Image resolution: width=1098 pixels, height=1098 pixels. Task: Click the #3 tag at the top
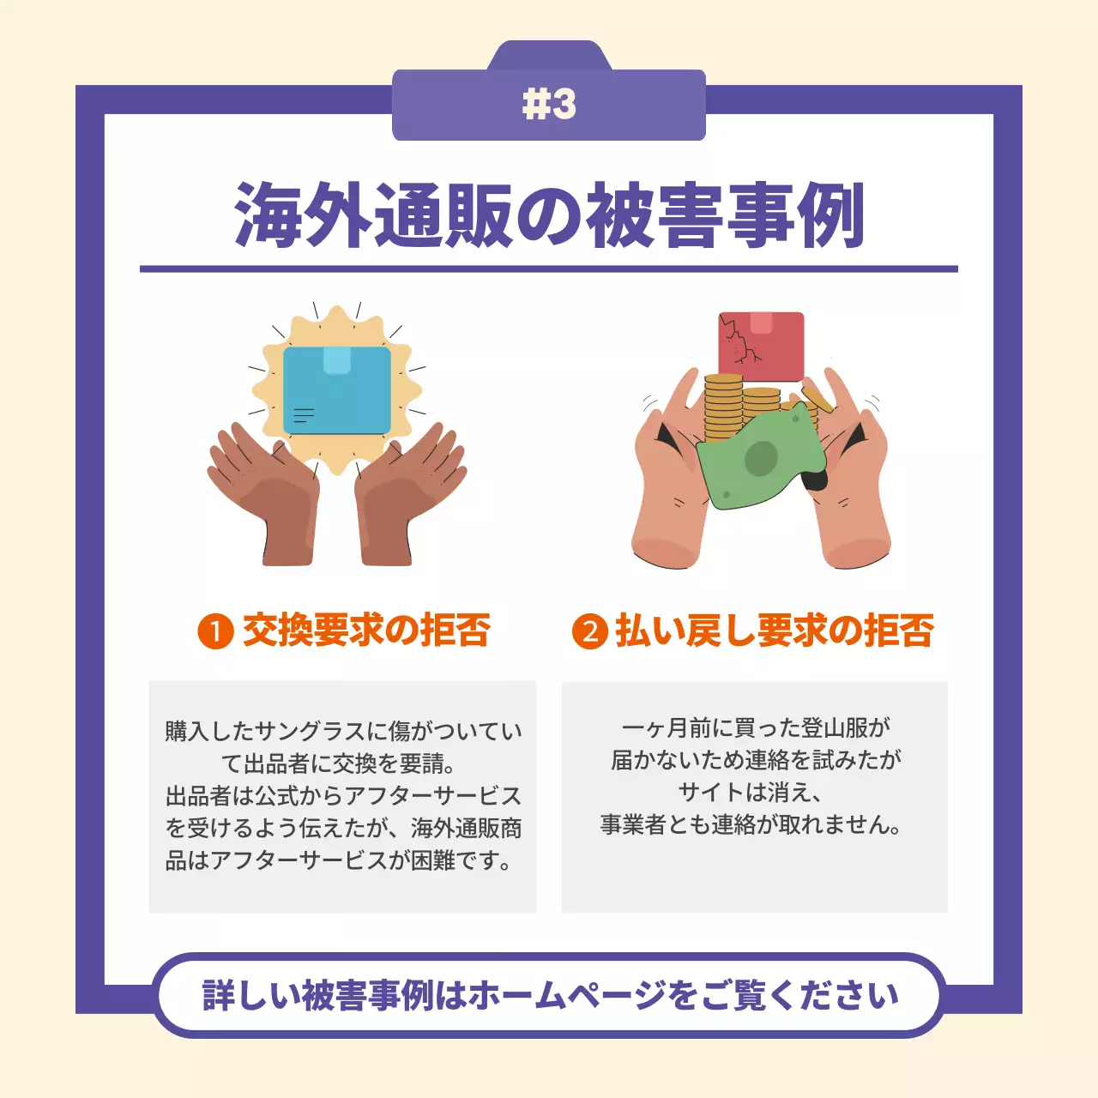point(549,105)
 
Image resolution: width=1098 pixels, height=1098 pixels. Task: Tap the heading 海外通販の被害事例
point(549,215)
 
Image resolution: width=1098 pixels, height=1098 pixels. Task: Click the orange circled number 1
point(215,632)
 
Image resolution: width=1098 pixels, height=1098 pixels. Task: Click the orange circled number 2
point(589,632)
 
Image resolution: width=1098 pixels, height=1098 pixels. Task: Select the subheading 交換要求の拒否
point(366,630)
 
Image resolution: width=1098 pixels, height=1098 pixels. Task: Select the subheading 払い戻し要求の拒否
point(774,630)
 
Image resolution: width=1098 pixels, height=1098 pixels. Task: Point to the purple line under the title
point(549,268)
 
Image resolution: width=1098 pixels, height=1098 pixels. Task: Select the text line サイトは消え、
point(751,792)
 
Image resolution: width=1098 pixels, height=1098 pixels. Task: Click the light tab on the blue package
point(337,360)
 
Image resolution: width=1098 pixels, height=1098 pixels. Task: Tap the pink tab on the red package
point(762,323)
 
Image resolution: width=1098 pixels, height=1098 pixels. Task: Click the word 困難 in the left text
point(433,860)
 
